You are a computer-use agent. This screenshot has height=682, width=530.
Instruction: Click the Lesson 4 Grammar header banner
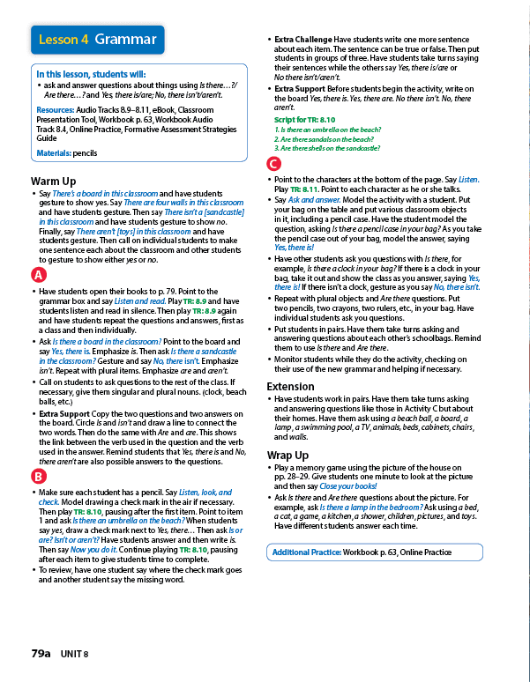98,40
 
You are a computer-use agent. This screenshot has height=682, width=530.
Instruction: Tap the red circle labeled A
38,274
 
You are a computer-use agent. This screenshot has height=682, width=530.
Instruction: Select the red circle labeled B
38,477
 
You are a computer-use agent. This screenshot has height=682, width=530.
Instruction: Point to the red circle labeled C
274,165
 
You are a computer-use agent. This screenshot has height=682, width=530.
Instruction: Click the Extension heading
290,386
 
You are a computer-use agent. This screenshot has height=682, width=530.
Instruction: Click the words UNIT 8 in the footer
76,654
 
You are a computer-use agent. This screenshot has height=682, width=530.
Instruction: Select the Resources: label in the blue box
55,110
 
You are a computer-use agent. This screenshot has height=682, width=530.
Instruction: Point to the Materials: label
54,152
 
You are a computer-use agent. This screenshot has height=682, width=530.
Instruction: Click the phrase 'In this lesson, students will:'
91,74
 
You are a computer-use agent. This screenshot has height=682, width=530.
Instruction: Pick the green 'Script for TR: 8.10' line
304,119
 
